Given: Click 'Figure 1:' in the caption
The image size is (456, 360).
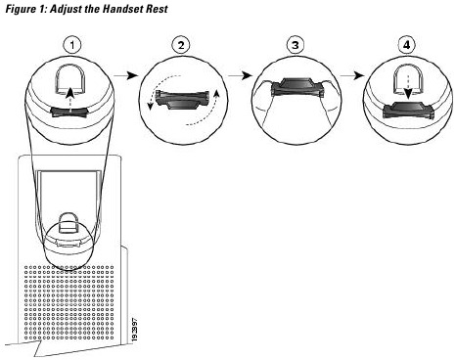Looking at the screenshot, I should coord(22,9).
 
